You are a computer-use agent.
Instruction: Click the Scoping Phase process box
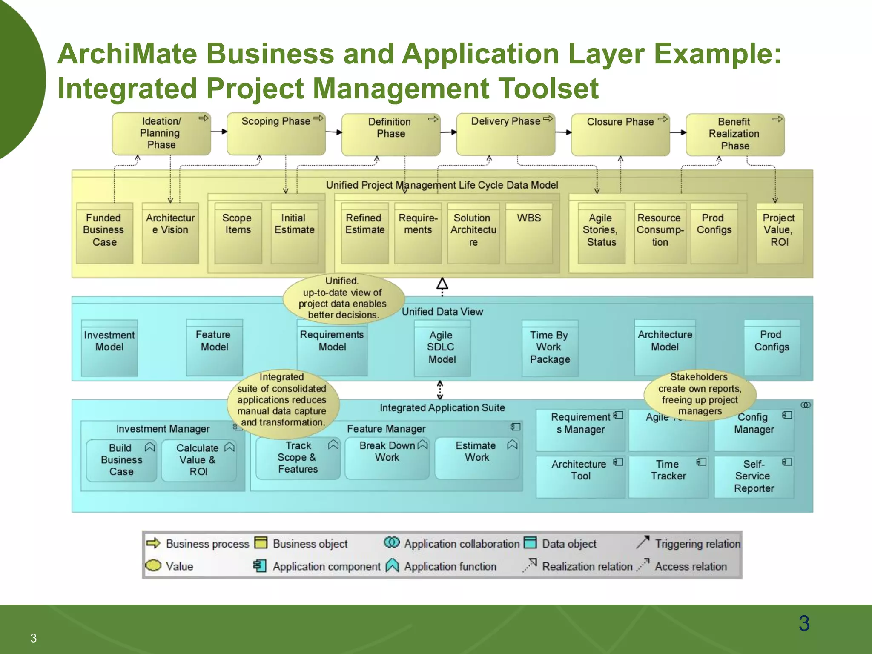276,134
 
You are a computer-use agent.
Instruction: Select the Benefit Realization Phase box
735,134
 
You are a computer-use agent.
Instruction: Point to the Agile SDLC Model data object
442,348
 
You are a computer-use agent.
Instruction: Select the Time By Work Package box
550,348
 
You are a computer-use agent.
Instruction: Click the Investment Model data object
109,347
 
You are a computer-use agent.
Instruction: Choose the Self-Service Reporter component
754,476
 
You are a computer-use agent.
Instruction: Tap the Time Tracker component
668,476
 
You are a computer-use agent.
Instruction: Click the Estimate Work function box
476,458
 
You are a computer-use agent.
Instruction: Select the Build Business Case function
121,460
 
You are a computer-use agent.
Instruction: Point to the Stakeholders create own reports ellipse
700,394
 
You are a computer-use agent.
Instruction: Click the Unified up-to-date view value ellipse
343,298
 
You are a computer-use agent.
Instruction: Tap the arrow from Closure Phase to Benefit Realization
677,132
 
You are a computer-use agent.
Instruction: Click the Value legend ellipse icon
153,565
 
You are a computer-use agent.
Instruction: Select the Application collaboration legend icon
391,542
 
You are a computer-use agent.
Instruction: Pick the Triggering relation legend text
697,544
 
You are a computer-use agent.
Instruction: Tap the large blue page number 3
804,623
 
